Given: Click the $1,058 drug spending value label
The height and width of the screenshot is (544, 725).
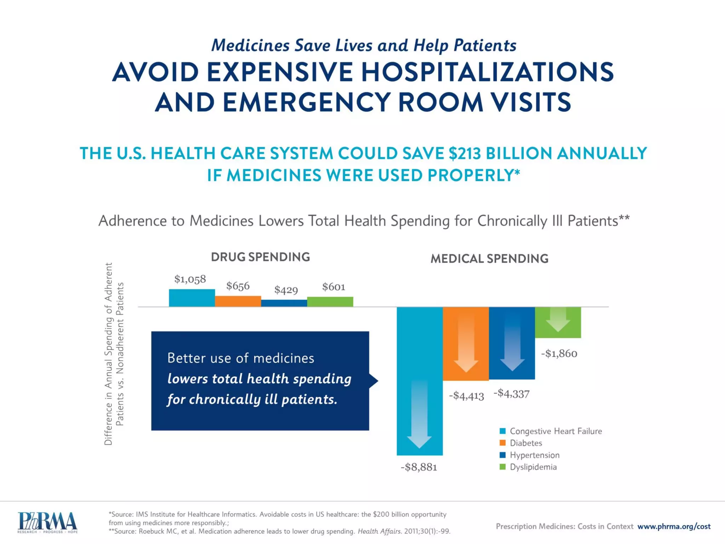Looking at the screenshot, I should (190, 279).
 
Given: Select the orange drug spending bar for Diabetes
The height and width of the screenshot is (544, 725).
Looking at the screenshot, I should (238, 301).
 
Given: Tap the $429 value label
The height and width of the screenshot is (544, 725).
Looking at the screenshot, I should (286, 290).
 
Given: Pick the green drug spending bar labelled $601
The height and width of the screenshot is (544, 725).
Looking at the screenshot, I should (330, 301).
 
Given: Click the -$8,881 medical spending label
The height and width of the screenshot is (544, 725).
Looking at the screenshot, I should (419, 467).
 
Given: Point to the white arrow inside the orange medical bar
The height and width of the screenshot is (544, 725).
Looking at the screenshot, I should (466, 344).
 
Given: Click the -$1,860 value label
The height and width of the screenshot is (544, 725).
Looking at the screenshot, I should (559, 353).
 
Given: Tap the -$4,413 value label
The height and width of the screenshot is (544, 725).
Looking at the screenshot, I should (466, 395).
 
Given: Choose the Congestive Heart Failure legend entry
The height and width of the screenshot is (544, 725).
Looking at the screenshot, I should (550, 431).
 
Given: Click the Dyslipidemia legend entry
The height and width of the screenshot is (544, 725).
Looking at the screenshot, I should (528, 467).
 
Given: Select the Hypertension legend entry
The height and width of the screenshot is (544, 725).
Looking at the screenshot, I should (530, 455).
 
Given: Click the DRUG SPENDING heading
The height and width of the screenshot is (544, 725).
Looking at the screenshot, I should (260, 257).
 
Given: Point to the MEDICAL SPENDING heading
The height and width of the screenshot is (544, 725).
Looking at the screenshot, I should (489, 259).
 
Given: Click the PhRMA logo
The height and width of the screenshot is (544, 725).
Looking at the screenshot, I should (47, 522).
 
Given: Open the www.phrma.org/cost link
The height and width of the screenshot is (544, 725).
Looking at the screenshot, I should (674, 526).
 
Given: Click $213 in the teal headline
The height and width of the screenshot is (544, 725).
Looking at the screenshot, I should (464, 153).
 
